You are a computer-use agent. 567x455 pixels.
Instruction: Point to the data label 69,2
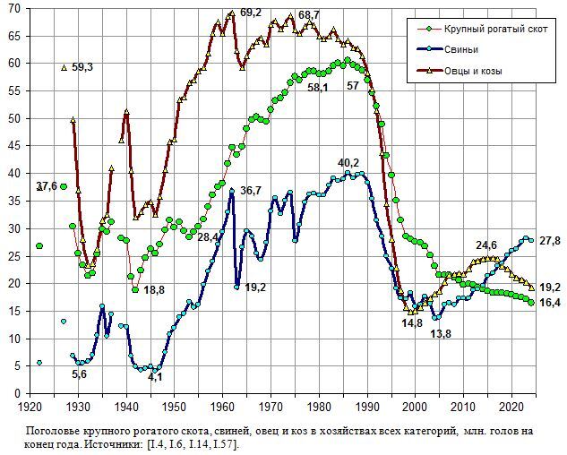coord(251,13)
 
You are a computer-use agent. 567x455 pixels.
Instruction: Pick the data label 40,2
coord(348,162)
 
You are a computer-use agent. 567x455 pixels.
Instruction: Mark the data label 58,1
coord(318,88)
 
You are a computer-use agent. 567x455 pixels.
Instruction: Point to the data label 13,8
coord(441,333)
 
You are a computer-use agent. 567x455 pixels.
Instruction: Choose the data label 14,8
coord(411,322)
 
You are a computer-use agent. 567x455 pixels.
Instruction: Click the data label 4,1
coord(155,377)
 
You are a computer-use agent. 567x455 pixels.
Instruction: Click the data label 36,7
coord(251,190)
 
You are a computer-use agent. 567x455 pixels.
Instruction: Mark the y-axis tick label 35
coord(14,201)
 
